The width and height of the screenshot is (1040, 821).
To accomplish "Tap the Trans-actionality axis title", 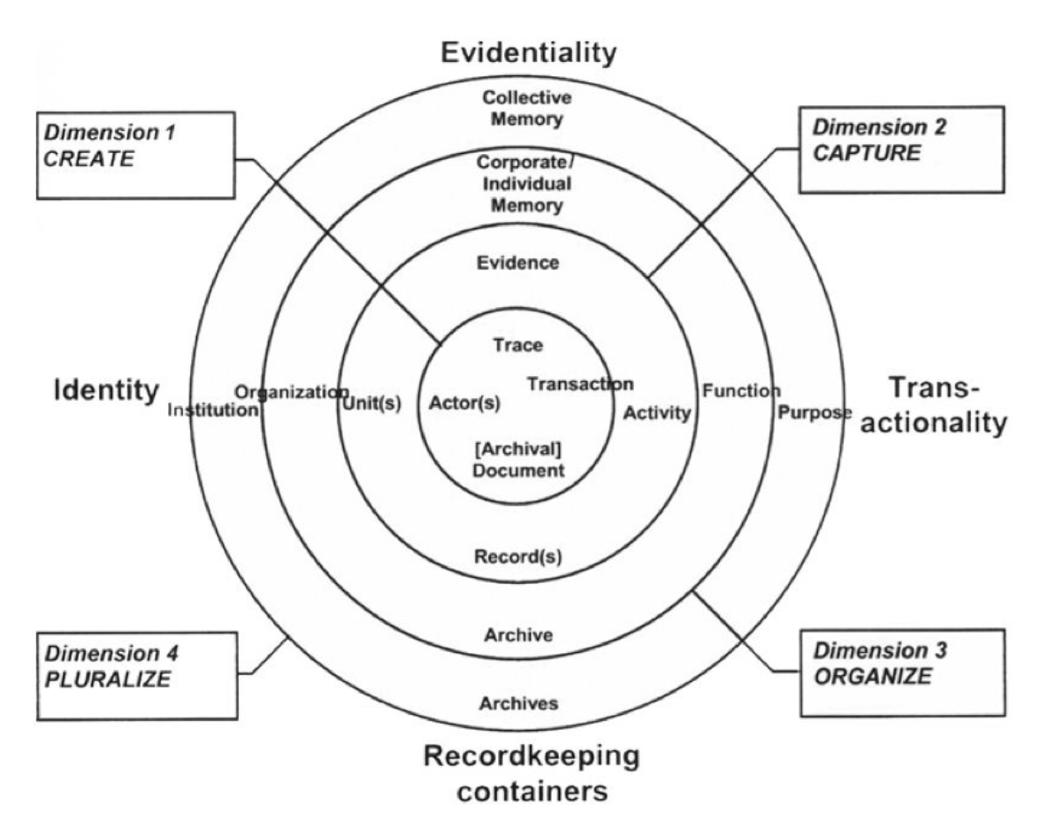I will (x=946, y=405).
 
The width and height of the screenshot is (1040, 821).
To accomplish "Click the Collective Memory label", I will (x=519, y=111).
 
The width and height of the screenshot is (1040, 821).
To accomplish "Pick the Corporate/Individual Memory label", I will (x=519, y=184).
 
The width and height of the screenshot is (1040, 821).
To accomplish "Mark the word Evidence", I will (x=519, y=263).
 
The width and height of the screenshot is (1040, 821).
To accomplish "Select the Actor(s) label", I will (x=464, y=403).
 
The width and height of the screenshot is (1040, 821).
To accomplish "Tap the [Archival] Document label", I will (x=518, y=459).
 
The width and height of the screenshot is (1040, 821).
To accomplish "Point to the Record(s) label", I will (x=519, y=556).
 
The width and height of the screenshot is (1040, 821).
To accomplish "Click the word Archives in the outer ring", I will (x=519, y=704).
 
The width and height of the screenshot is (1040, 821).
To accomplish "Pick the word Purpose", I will (x=814, y=412).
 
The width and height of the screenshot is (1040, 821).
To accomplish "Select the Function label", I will (x=741, y=389).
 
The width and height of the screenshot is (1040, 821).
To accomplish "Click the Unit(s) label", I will (x=371, y=403).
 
